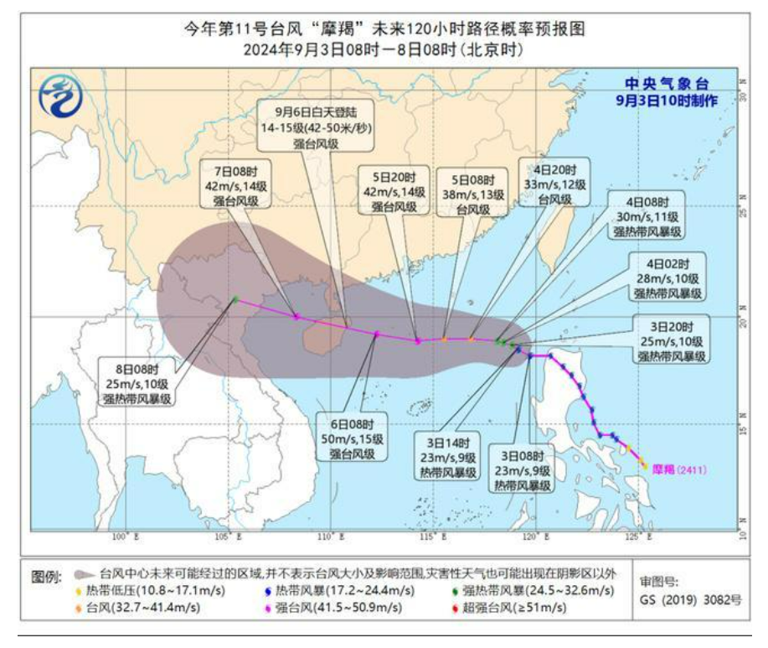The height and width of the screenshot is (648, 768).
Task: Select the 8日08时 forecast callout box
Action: (x=140, y=382)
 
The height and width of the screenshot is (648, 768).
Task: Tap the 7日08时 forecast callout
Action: (x=231, y=187)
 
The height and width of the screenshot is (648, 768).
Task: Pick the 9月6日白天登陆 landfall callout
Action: (x=315, y=127)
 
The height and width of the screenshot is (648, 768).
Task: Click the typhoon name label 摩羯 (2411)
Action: (x=679, y=469)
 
